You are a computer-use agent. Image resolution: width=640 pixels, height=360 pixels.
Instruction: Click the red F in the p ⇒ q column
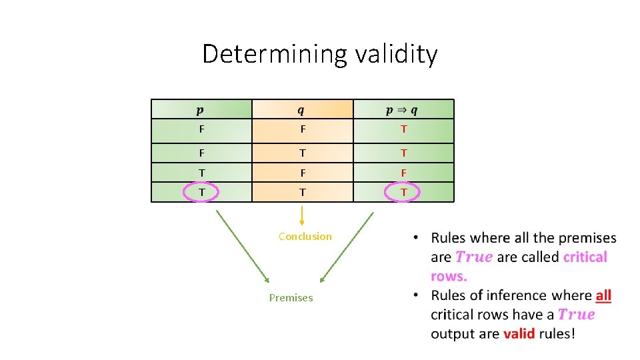coord(403,173)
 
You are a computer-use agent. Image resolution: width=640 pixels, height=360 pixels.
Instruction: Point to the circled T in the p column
coord(201,192)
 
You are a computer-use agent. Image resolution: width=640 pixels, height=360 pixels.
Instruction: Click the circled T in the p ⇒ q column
coord(403,192)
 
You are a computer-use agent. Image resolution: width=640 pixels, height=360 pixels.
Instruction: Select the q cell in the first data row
coord(302,129)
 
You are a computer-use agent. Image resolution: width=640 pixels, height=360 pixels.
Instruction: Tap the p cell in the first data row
coord(201,129)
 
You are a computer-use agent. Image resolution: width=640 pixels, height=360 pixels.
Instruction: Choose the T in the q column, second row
coord(302,153)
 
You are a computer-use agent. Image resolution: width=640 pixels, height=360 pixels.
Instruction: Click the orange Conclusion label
coord(305,236)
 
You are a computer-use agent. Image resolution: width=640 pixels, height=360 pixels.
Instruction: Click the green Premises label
coord(291,297)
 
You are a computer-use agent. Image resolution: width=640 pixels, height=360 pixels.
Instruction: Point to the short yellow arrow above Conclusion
coord(302,215)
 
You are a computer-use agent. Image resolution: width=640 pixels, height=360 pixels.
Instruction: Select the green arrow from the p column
coord(241,246)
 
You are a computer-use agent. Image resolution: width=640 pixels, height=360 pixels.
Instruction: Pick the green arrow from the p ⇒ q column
coord(347,246)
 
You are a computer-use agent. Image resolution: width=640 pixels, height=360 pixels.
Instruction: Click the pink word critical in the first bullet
coord(585,257)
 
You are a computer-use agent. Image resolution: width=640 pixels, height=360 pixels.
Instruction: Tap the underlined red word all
coord(603,295)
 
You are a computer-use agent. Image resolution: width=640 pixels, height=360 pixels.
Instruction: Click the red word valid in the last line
coord(519,333)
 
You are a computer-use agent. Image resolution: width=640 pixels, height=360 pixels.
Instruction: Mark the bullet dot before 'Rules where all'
coord(416,238)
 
